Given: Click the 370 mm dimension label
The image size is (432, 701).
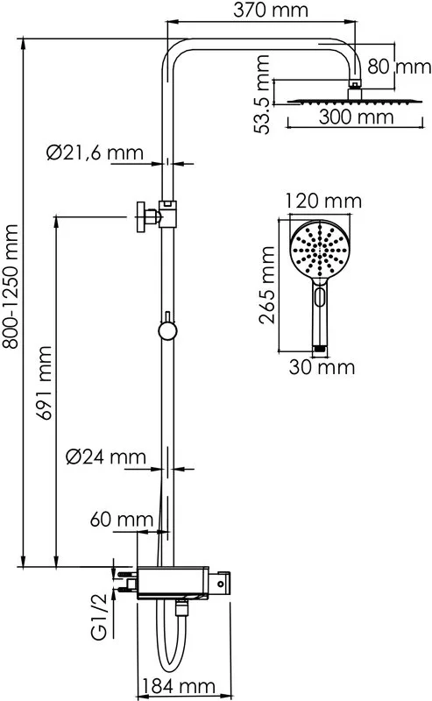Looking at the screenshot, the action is pos(271,10).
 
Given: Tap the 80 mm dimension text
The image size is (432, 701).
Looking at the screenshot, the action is pos(400,67).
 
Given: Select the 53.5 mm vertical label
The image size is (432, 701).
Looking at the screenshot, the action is pos(262,95).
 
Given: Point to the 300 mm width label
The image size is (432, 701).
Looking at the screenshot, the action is pos(356,117).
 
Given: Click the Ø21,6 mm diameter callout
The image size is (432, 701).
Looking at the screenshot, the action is pos(95,152).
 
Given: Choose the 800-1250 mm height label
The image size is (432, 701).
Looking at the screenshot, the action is pos(10,287).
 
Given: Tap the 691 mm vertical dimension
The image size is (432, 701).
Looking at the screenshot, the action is pos(45,383).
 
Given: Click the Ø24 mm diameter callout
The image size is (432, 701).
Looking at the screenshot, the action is pos(106,457).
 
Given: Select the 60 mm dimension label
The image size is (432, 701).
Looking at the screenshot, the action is pos(122,520).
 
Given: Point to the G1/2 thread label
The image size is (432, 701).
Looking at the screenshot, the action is pos(100,617).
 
